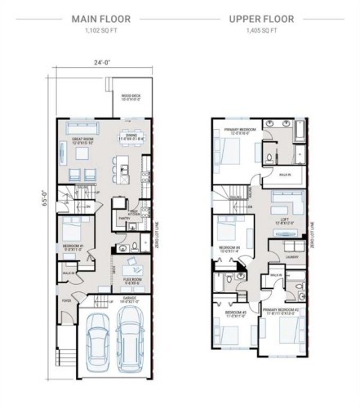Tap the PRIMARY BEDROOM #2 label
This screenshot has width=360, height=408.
point(282,312)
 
